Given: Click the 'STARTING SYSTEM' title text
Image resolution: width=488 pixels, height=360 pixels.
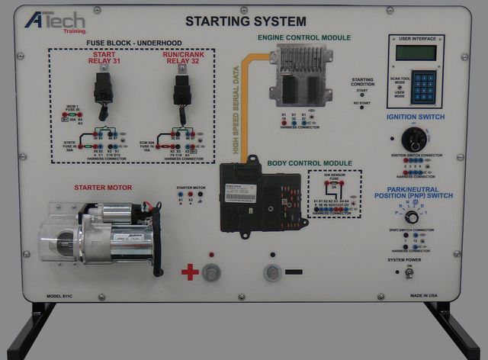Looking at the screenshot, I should (x=245, y=21).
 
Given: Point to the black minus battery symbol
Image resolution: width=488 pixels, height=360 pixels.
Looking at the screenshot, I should (x=294, y=272).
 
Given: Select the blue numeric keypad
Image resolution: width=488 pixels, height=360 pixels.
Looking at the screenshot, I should (x=416, y=88).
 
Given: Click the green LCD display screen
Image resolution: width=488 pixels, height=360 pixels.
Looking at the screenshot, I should (x=416, y=53).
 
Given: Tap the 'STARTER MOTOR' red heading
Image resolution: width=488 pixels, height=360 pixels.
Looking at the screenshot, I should (x=103, y=187).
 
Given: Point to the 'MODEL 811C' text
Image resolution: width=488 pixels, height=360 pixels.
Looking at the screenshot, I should (x=63, y=294).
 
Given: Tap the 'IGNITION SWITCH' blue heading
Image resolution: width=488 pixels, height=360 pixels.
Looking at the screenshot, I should (x=416, y=117).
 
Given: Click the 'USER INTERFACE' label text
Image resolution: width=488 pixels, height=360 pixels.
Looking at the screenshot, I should (x=416, y=37).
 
